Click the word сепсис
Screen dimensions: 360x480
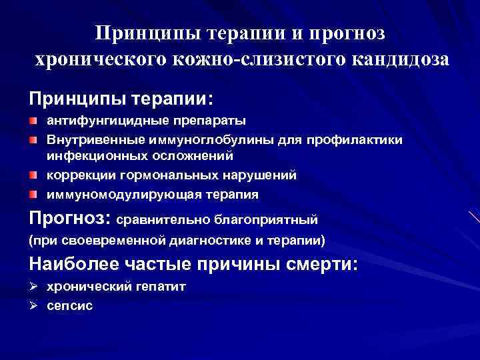click(69, 305)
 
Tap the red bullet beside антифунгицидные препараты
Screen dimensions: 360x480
click(33, 121)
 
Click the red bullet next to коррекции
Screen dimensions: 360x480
click(33, 175)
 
